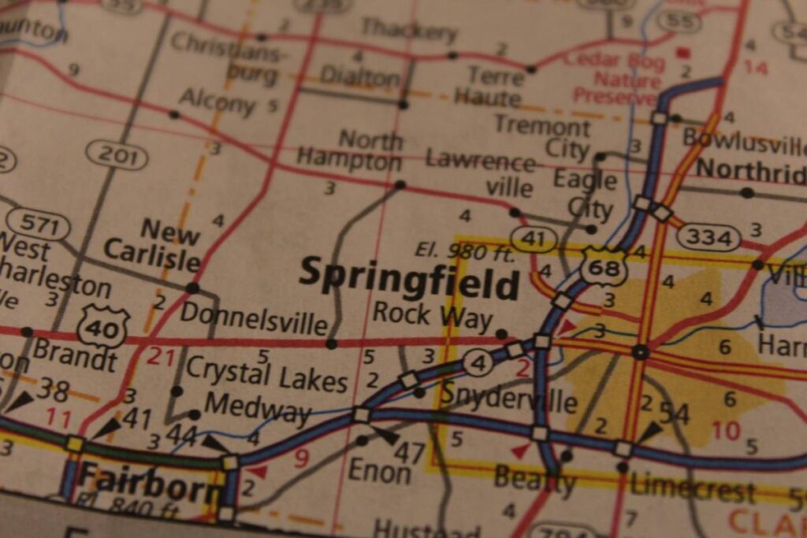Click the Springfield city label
click(409, 277)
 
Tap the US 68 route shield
click(604, 266)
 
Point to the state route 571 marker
click(38, 225)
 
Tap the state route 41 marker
click(534, 238)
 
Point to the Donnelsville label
click(253, 317)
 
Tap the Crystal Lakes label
click(266, 373)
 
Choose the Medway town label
click(258, 409)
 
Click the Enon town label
click(380, 471)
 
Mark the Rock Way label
click(433, 314)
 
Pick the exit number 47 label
click(409, 452)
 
